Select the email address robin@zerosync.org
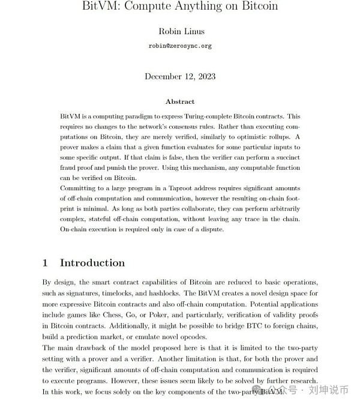click(180, 46)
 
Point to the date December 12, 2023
click(180, 76)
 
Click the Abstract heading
click(180, 102)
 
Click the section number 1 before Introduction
click(46, 263)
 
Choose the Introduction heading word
click(92, 263)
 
